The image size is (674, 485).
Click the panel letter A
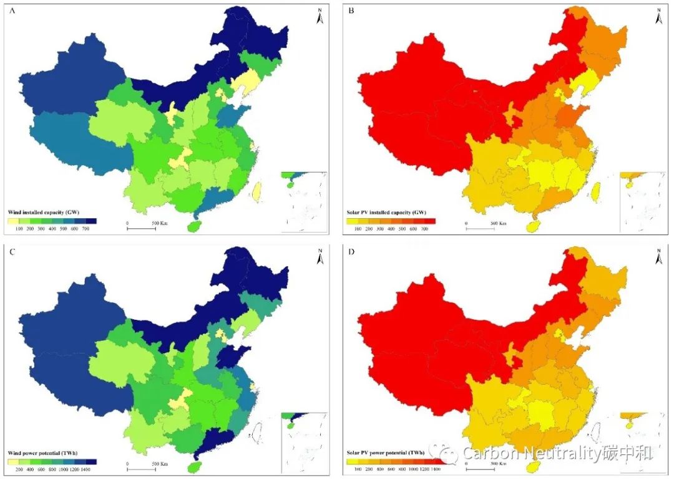[x=11, y=10]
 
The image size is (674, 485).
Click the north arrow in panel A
[x=320, y=16]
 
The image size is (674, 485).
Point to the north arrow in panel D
[x=658, y=256]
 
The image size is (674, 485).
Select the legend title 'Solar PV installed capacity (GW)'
[x=384, y=213]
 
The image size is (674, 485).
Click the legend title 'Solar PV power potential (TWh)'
[x=385, y=453]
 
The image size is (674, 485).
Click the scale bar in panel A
[x=141, y=228]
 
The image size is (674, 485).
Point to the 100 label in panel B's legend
[x=358, y=229]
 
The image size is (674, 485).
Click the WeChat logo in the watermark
[x=448, y=453]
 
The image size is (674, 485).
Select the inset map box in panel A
[x=304, y=202]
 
